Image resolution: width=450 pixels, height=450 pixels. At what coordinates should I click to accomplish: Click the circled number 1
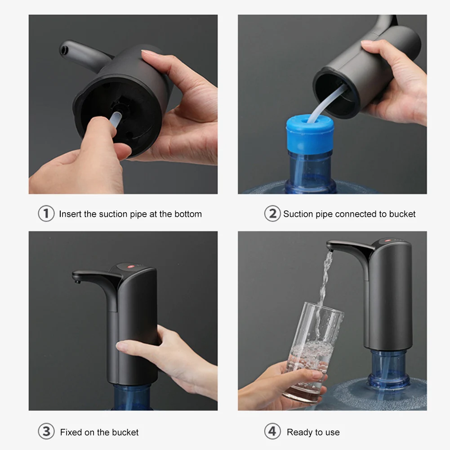[x=46, y=214]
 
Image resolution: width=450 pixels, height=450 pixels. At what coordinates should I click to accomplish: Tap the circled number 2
[x=272, y=214]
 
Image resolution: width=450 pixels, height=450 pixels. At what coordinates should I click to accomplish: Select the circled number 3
[x=46, y=432]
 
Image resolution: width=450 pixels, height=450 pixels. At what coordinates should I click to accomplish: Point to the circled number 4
[x=272, y=432]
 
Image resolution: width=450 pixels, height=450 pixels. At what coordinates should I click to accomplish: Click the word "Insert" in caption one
[x=71, y=214]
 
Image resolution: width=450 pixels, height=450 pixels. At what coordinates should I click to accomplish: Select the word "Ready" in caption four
[x=299, y=432]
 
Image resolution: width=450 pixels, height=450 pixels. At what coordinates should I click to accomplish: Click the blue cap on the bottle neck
[x=310, y=135]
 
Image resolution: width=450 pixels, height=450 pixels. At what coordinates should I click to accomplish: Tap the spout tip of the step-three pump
[x=77, y=281]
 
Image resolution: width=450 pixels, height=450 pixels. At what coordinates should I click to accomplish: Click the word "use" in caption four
[x=332, y=432]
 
